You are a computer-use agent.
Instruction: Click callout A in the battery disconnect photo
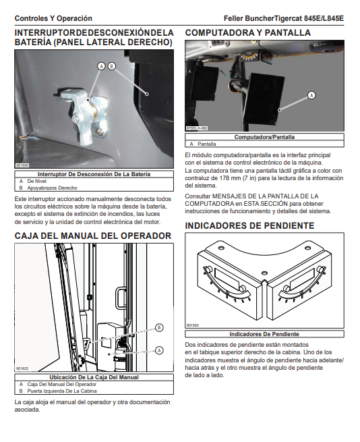(101, 66)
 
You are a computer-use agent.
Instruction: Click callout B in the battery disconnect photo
(111, 66)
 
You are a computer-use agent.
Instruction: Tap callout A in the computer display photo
(311, 95)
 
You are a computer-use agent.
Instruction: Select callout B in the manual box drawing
(159, 327)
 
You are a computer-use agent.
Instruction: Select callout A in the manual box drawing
(159, 350)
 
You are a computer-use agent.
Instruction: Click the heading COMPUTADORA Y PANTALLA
(248, 32)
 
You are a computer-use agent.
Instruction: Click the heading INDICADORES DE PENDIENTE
(249, 226)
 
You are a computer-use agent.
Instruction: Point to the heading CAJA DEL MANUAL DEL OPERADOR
(93, 236)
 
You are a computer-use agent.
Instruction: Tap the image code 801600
(22, 165)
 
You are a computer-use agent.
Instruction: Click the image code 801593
(192, 325)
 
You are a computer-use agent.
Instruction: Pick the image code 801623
(22, 368)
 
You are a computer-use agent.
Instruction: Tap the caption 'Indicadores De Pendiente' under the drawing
(264, 334)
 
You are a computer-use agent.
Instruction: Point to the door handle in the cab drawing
(121, 298)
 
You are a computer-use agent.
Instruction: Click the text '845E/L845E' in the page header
(324, 19)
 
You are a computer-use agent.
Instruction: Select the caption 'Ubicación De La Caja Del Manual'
(94, 377)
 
